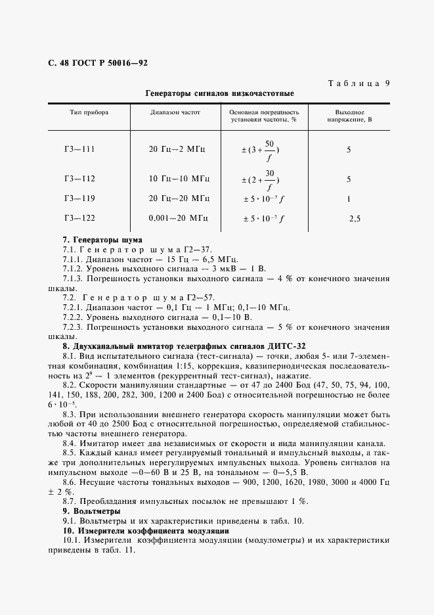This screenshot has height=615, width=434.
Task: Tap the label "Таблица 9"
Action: pyautogui.click(x=358, y=83)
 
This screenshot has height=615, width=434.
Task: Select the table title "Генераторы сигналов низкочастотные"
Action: pyautogui.click(x=219, y=94)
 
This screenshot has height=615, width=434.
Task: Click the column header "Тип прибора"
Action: pyautogui.click(x=89, y=112)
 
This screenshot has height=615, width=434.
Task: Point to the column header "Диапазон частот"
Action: pyautogui.click(x=175, y=112)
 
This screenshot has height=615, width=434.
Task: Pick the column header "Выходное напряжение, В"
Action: pyautogui.click(x=349, y=116)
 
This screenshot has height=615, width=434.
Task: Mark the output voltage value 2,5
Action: pyautogui.click(x=355, y=219)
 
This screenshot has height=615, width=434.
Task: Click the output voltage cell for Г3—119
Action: pyautogui.click(x=349, y=198)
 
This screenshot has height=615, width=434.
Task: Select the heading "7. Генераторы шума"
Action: pyautogui.click(x=102, y=240)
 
